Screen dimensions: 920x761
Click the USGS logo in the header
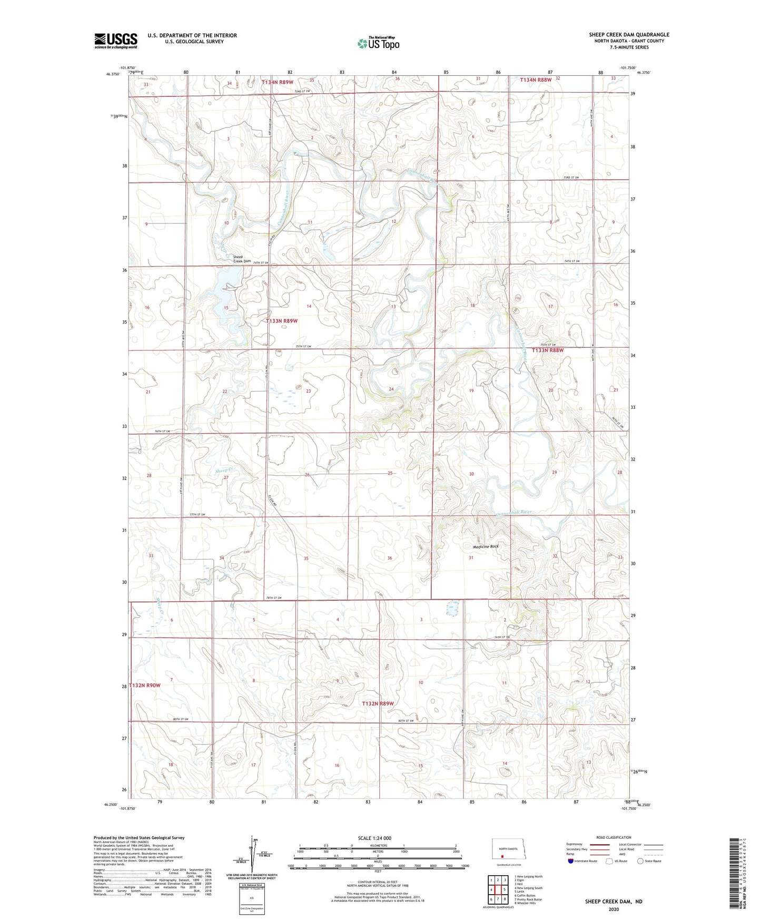pyautogui.click(x=116, y=40)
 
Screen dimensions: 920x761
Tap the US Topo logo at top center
pyautogui.click(x=378, y=43)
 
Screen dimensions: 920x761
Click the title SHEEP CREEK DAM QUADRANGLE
pyautogui.click(x=629, y=35)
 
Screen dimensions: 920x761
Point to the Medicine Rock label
pyautogui.click(x=485, y=546)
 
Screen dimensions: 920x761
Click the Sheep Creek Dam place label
pyautogui.click(x=242, y=259)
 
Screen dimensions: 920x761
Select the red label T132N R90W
pyautogui.click(x=144, y=685)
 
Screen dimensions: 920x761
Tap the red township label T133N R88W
pyautogui.click(x=548, y=350)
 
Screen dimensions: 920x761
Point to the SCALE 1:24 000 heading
pyautogui.click(x=374, y=838)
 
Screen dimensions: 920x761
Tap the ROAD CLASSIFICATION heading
pyautogui.click(x=614, y=838)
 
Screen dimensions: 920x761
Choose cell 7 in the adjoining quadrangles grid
pyautogui.click(x=491, y=899)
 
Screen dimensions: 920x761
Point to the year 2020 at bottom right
pyautogui.click(x=613, y=909)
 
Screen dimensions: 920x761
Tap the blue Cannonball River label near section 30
pyautogui.click(x=513, y=512)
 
